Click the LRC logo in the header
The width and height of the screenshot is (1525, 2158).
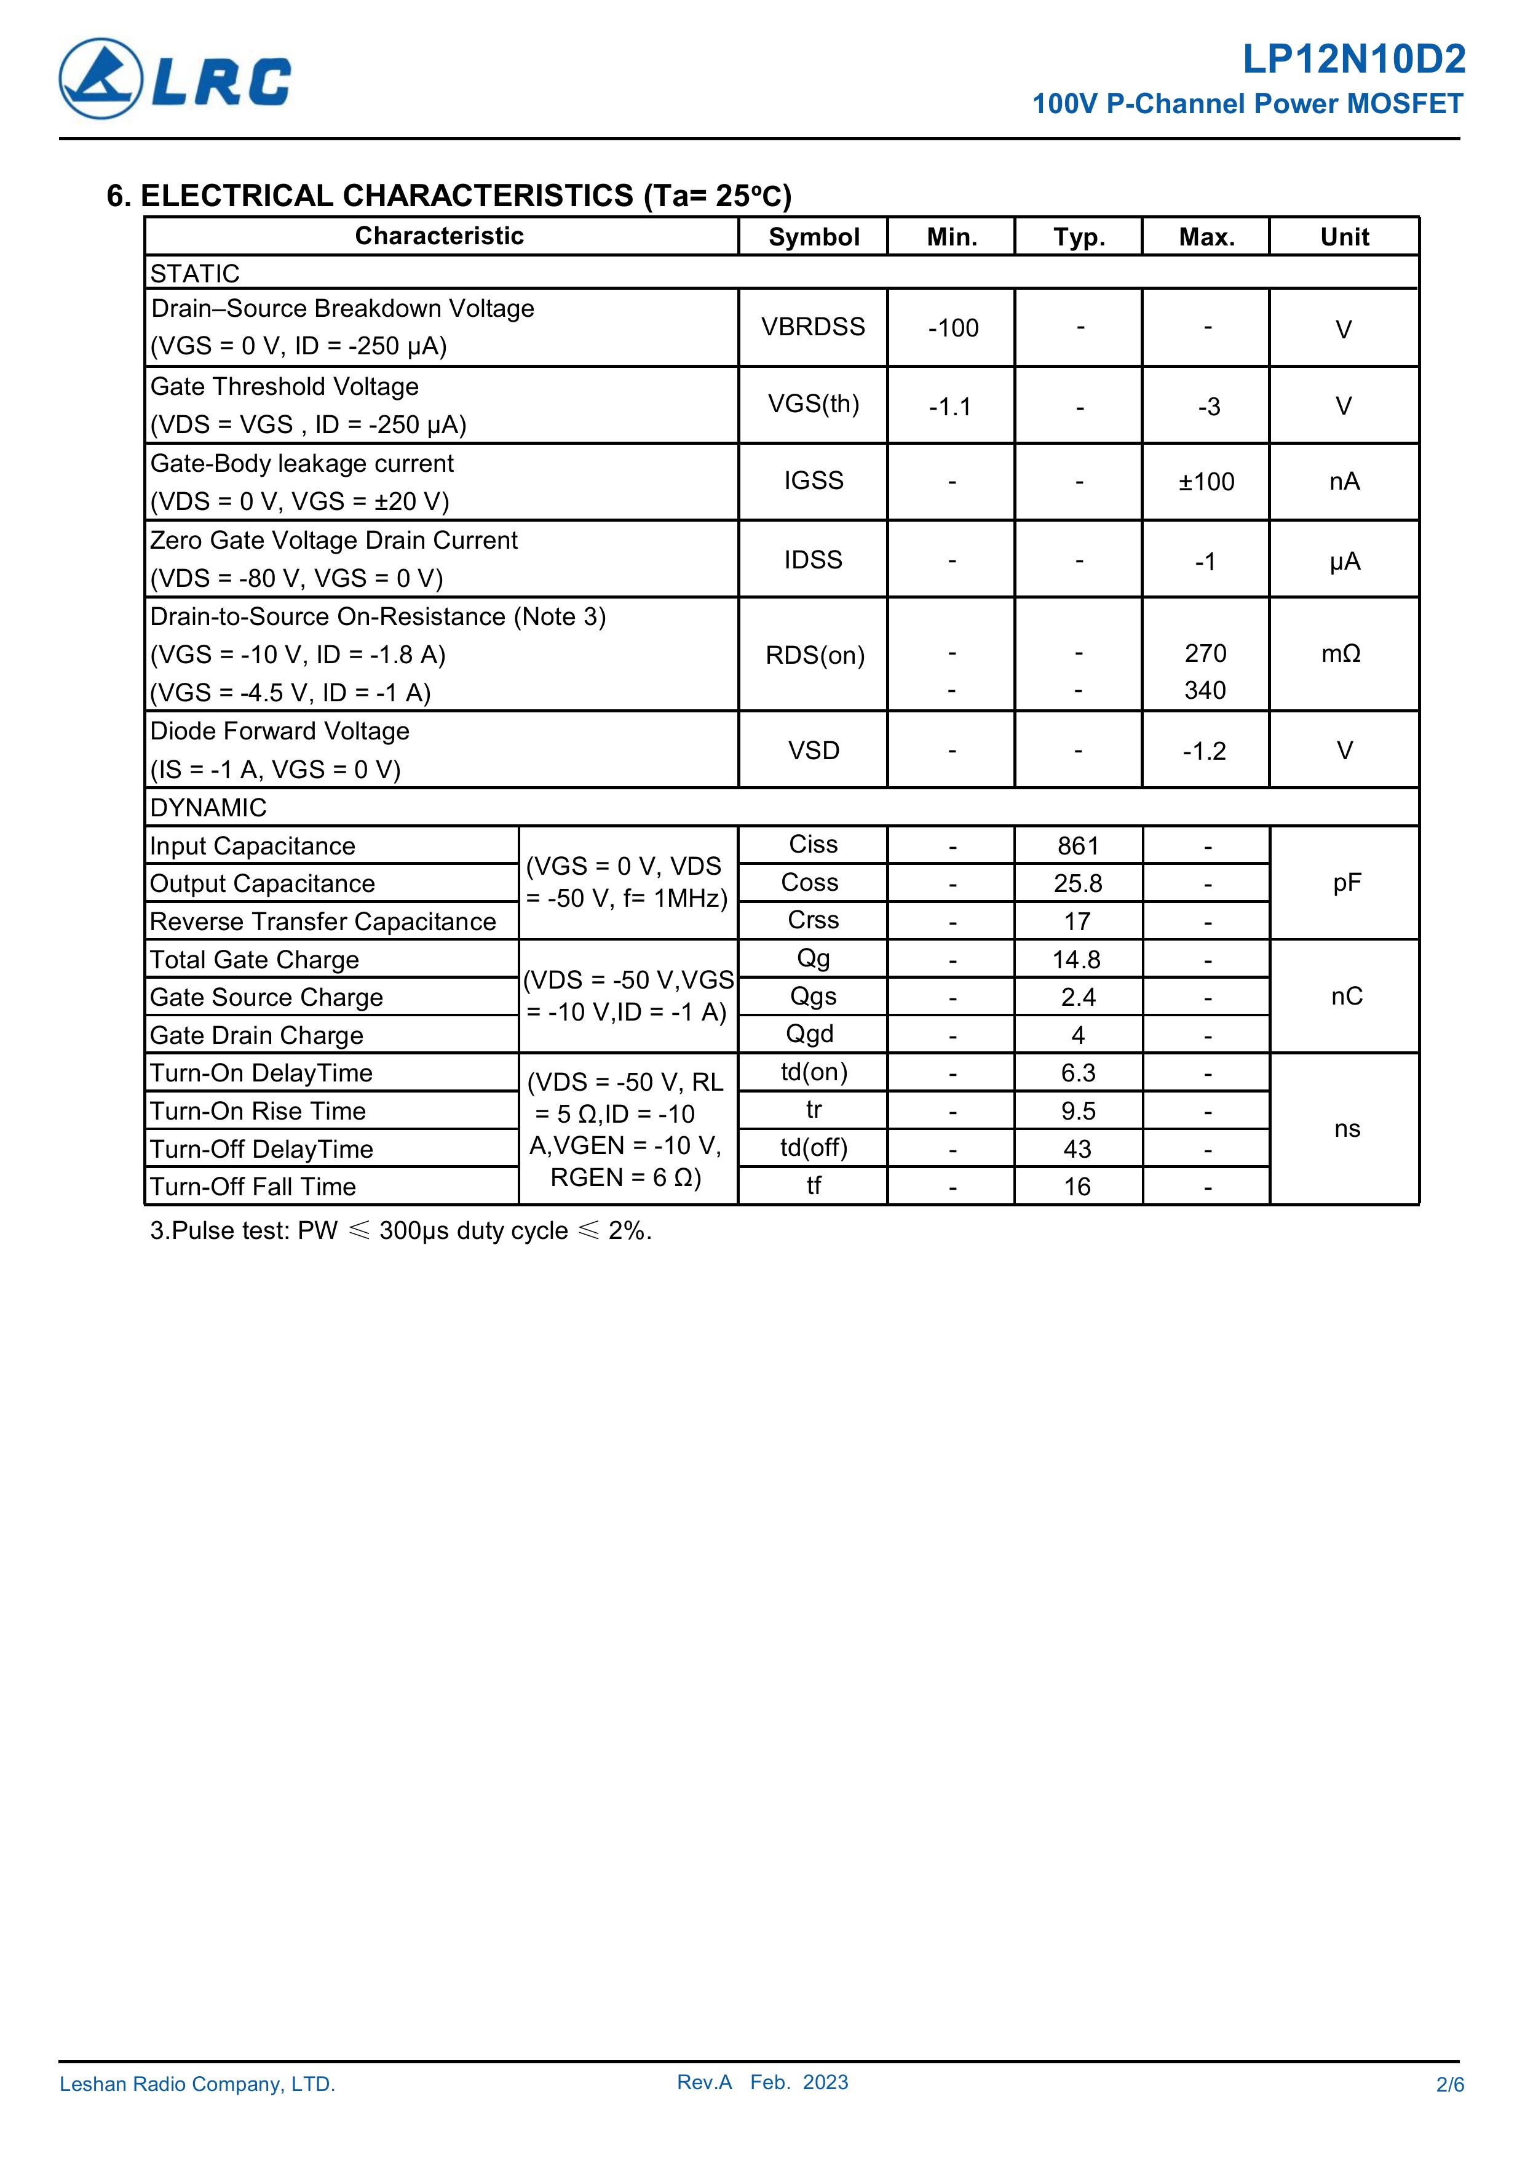(175, 79)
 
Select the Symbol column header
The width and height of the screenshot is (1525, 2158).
(814, 237)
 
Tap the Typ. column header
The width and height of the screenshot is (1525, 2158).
(1079, 237)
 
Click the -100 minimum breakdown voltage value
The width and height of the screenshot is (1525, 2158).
(953, 328)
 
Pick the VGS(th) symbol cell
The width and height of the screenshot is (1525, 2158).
(814, 404)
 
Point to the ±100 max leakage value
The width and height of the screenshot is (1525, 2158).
(1206, 482)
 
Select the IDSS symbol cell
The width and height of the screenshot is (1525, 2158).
(814, 560)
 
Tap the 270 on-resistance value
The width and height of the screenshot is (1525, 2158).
(1205, 653)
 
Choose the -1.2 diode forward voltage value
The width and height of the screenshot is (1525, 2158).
(1205, 752)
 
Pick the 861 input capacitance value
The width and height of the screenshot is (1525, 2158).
(1078, 846)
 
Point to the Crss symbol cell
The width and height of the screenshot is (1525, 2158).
(813, 920)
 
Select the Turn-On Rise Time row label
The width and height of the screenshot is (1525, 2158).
(258, 1111)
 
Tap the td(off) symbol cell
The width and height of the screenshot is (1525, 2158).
(814, 1148)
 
